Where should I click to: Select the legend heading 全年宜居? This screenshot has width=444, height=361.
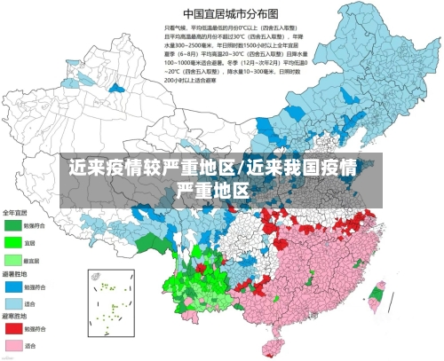tap(15, 214)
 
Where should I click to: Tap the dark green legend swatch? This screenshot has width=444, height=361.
tap(12, 225)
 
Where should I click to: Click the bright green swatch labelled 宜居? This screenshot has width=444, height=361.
tap(12, 242)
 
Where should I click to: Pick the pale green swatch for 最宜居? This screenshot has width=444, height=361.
tap(12, 260)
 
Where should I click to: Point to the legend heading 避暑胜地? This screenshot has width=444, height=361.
tap(15, 275)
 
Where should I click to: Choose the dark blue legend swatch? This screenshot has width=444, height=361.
tap(12, 287)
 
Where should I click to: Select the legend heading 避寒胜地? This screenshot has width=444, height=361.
tap(15, 317)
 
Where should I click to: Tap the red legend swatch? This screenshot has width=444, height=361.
tap(12, 329)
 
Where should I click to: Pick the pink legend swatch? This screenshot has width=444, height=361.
tap(12, 345)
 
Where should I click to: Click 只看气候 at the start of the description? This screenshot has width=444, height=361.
tap(175, 28)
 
